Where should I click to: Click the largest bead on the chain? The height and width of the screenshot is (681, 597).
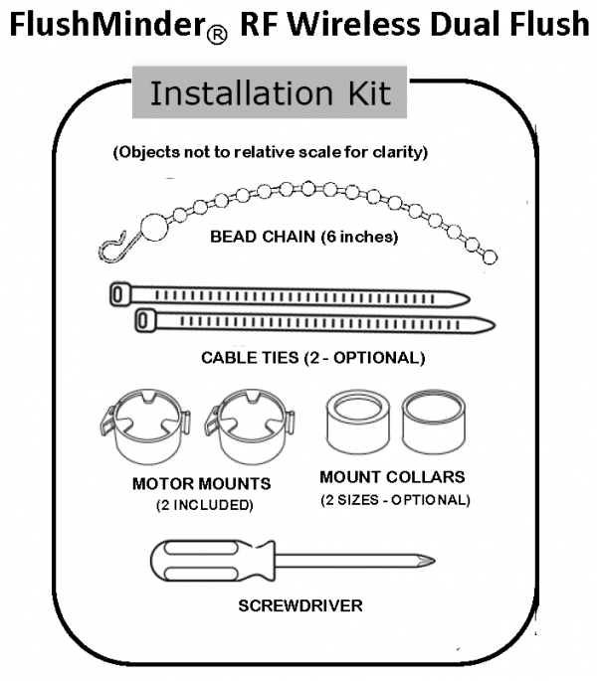(154, 227)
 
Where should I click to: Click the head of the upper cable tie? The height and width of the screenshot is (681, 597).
(120, 295)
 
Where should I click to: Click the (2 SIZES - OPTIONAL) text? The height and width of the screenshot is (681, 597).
(395, 499)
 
